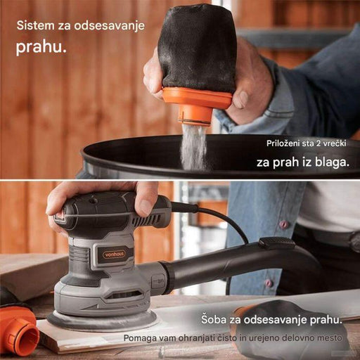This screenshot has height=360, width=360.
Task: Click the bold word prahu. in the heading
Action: point(41,48)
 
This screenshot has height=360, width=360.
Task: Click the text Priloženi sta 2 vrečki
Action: point(307,143)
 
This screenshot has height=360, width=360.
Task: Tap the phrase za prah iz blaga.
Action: point(302,162)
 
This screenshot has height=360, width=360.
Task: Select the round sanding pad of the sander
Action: point(103,320)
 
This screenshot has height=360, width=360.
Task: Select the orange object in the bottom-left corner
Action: point(17,326)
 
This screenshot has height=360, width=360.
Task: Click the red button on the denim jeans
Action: point(285,224)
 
